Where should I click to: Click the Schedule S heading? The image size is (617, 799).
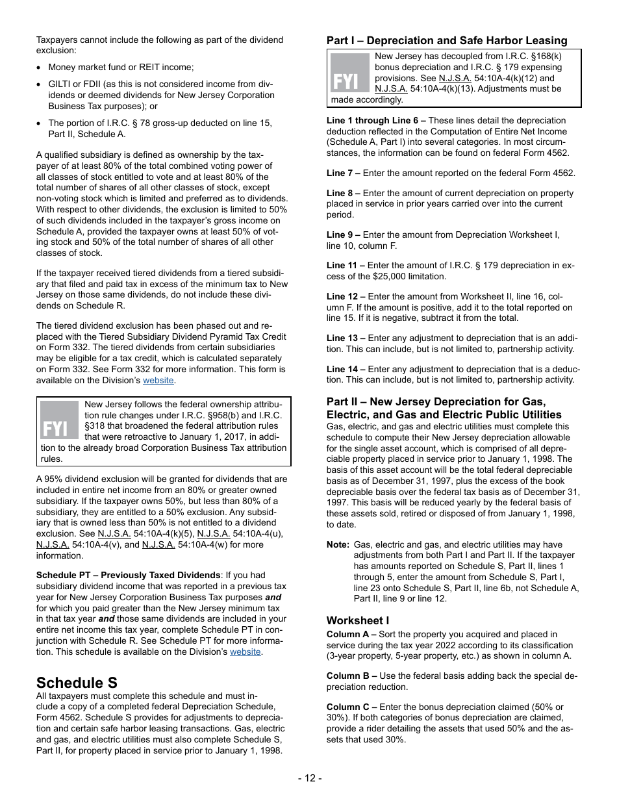coord(77,683)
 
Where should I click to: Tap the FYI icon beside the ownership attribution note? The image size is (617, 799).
coord(60,420)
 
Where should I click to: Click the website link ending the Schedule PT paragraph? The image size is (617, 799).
coord(245,652)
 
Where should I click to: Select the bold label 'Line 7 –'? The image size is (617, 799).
coord(344,173)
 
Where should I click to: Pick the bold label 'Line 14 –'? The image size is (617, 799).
coord(346,369)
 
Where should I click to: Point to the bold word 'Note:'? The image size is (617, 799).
coord(338,544)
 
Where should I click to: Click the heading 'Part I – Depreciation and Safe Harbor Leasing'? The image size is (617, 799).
coord(447,40)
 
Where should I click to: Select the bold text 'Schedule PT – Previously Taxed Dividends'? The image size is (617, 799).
coord(129,575)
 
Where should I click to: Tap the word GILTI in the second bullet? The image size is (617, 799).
coord(60,84)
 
